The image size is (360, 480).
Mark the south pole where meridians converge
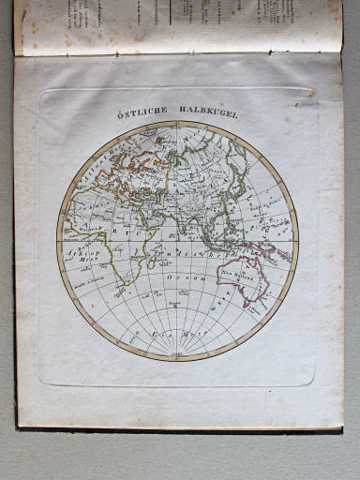tap(177, 356)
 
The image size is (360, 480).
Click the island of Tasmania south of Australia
tap(246, 306)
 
